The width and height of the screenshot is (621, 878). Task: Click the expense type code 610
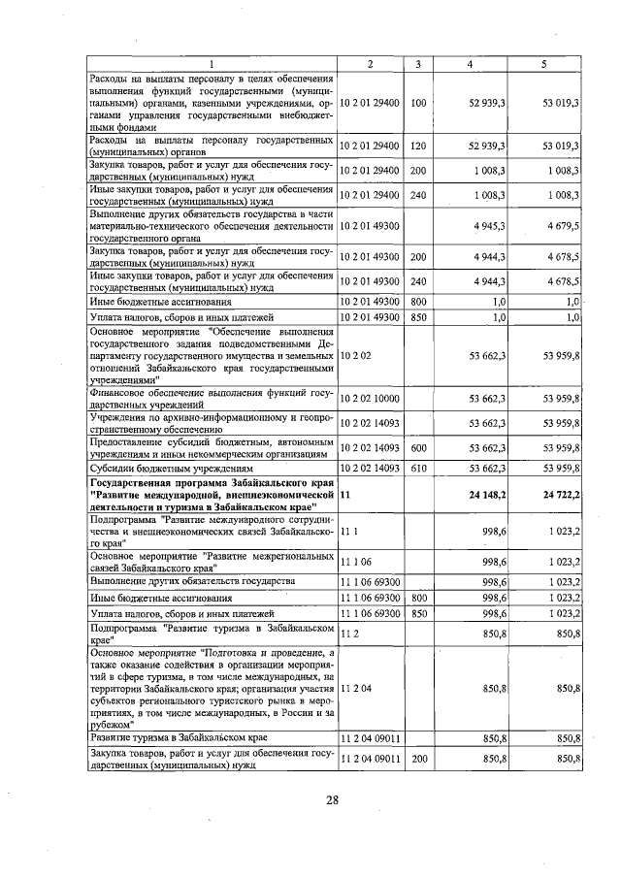pyautogui.click(x=417, y=468)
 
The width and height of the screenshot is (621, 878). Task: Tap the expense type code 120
pyautogui.click(x=417, y=146)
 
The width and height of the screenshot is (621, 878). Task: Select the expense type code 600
pyautogui.click(x=417, y=447)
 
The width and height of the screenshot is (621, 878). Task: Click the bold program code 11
pyautogui.click(x=345, y=495)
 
